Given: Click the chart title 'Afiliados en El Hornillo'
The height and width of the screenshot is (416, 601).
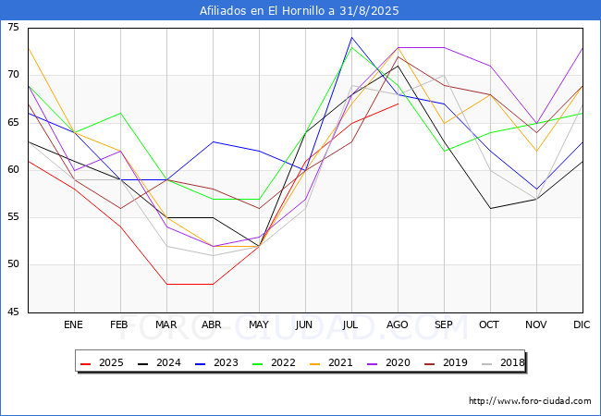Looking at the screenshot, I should coord(300,11).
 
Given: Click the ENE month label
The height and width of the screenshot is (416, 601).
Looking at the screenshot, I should coord(73,325).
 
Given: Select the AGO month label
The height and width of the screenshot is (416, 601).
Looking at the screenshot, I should coord(398,325).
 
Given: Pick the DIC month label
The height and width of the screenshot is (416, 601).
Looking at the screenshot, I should coord(582,325).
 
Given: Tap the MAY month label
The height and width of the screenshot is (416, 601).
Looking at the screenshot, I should coord(259,325).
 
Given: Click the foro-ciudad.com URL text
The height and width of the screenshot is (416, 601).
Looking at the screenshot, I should coord(530,401).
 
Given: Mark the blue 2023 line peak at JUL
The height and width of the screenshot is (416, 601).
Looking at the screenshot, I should coord(351,38).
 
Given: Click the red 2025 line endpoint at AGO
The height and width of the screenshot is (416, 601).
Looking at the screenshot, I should coord(398,104).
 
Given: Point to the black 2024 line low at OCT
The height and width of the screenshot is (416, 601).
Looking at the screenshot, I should coord(490,208).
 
